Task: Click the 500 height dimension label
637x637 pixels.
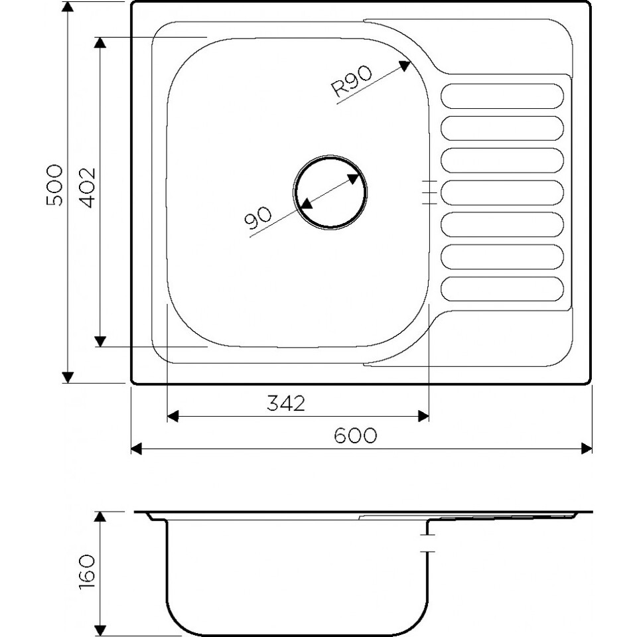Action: click(x=54, y=185)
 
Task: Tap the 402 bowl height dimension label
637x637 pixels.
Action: click(x=87, y=187)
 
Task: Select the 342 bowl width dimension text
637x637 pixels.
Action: click(x=285, y=403)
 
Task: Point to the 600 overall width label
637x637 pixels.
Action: click(x=356, y=435)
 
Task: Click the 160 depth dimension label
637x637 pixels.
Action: click(x=86, y=572)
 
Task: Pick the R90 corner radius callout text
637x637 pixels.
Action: click(x=352, y=82)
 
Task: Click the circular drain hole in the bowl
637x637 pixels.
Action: click(x=330, y=192)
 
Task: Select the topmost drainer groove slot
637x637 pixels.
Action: click(x=502, y=96)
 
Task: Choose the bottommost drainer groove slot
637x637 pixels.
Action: click(x=502, y=289)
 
